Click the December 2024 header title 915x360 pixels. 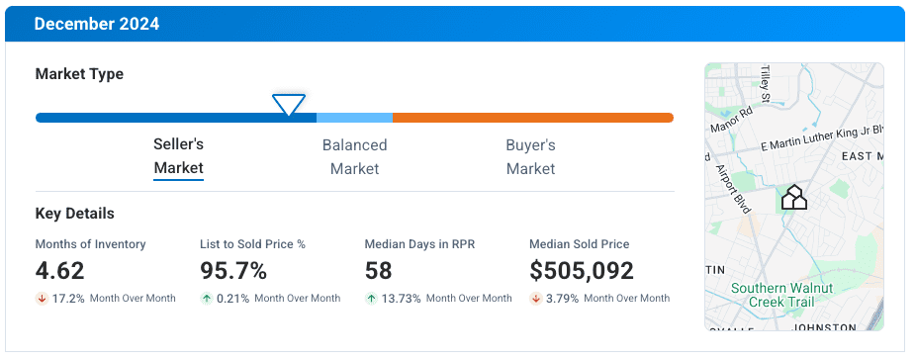point(96,24)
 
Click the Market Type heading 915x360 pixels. point(79,74)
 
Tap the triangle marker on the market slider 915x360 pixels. point(289,104)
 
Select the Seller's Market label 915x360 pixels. point(178,156)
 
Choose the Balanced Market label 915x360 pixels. point(354,156)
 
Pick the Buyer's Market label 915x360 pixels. point(530,156)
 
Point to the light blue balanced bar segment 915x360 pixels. point(354,118)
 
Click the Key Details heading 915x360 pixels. point(74,214)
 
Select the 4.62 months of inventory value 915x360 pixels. point(60,271)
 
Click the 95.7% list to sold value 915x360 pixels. point(233,271)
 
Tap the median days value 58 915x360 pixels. point(379,271)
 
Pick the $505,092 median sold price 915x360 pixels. point(582,271)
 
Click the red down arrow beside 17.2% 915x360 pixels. point(42,299)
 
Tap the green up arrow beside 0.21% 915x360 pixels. point(206,299)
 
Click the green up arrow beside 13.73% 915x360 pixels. point(371,299)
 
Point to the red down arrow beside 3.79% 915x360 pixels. point(535,299)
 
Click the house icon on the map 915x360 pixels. point(794,198)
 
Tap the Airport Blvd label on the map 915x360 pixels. point(732,187)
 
